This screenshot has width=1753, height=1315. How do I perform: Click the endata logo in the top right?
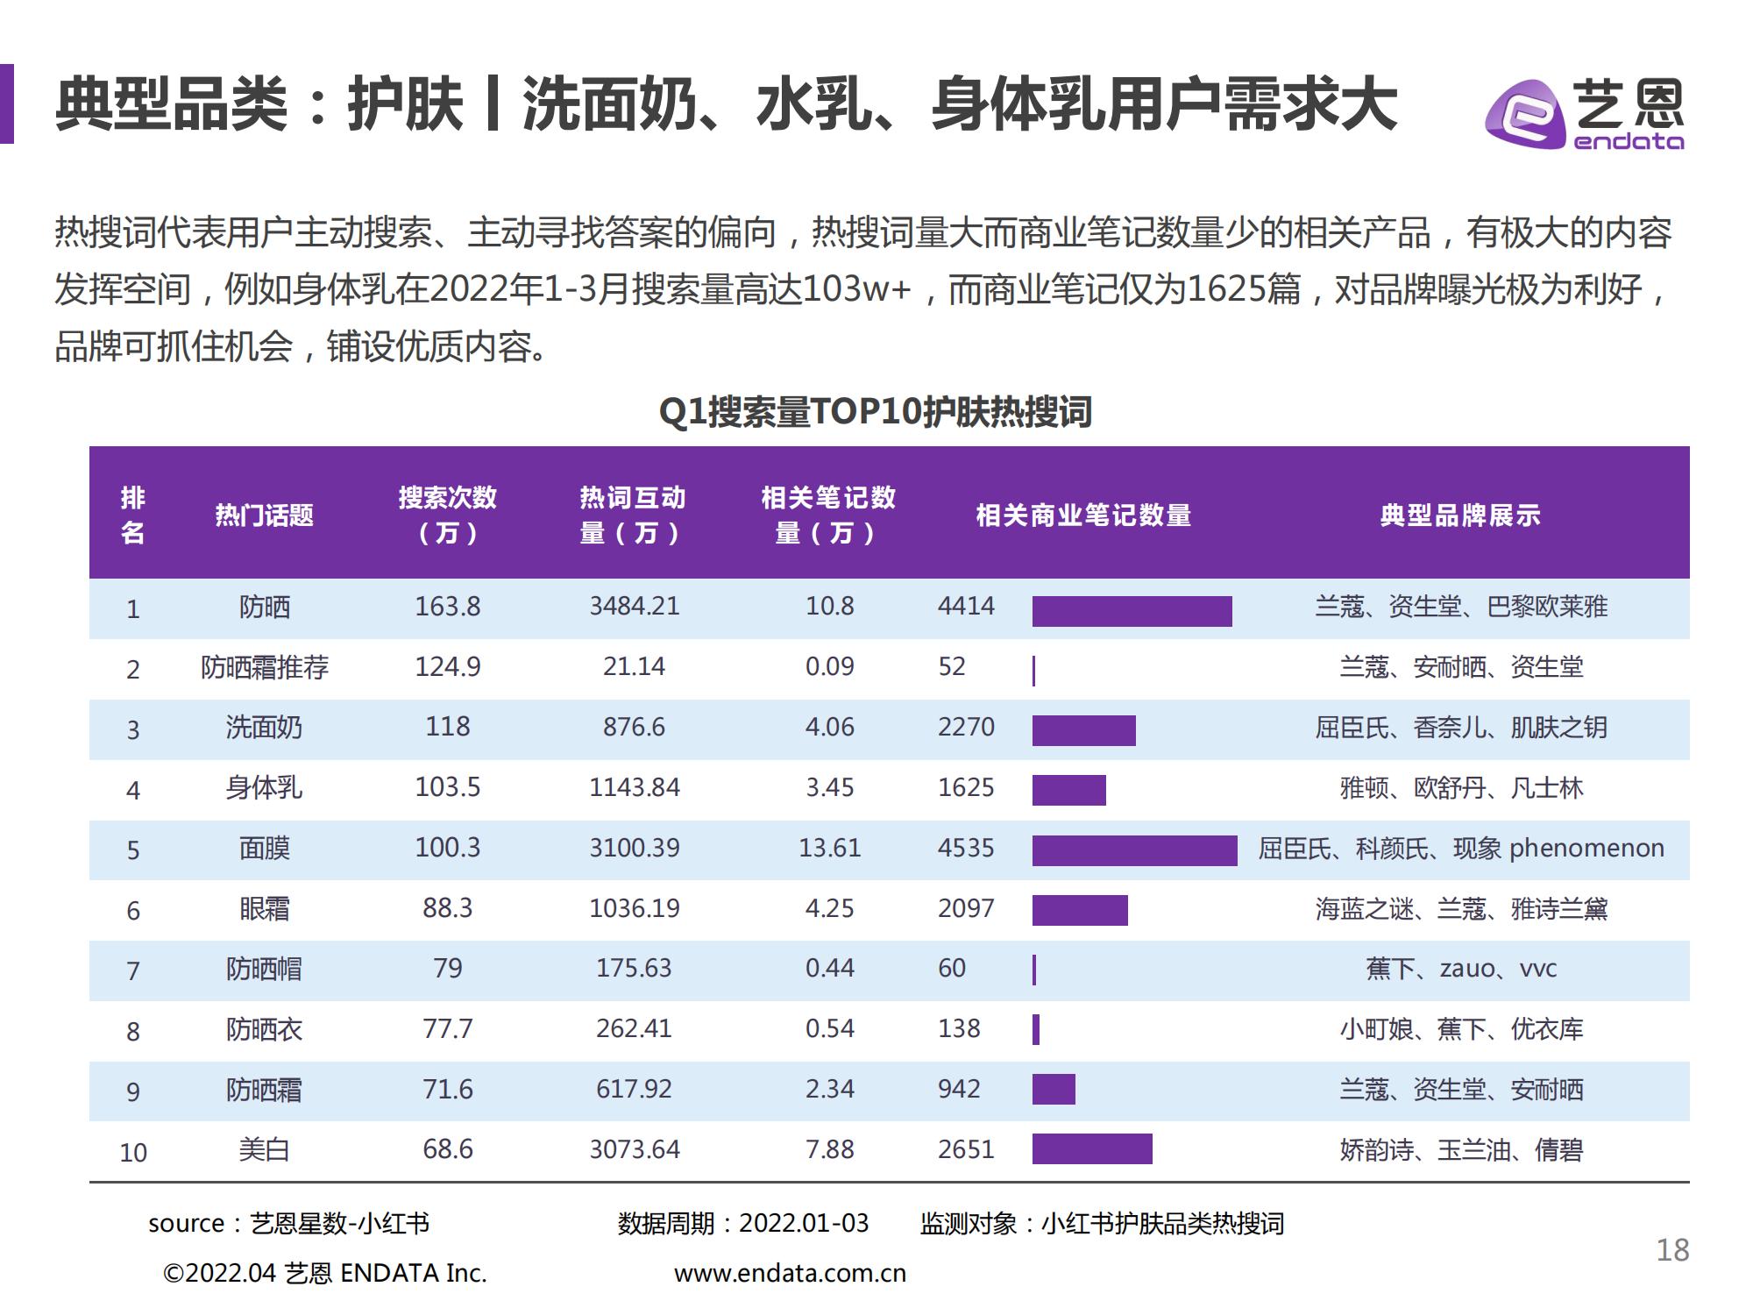(1584, 115)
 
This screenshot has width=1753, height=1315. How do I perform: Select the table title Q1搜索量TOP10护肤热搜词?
(875, 411)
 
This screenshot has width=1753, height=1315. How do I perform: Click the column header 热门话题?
(264, 515)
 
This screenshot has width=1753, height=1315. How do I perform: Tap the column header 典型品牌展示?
(1460, 515)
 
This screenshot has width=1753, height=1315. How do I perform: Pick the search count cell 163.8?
(447, 607)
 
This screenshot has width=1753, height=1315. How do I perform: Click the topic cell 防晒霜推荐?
(264, 667)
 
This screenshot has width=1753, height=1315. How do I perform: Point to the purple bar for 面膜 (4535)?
(1134, 850)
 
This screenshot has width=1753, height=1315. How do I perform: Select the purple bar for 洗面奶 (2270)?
(1083, 730)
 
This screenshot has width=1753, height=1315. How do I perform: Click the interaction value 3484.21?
(634, 607)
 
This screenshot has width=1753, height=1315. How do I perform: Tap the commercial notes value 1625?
(966, 787)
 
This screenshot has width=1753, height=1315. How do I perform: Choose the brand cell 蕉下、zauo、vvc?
(1460, 969)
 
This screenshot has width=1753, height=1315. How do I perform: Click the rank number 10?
(133, 1152)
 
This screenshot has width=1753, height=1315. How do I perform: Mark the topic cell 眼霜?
(264, 908)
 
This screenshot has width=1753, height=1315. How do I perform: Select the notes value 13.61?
(829, 848)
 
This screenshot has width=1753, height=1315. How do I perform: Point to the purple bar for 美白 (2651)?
(1092, 1148)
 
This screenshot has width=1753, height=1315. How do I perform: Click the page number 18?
(1672, 1250)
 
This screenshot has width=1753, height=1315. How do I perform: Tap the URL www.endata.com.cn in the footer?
(790, 1274)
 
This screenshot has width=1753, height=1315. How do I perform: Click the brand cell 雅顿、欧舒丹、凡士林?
(1460, 788)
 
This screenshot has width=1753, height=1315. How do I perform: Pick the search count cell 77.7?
(447, 1028)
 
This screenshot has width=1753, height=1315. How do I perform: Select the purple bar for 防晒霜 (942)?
(1054, 1089)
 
